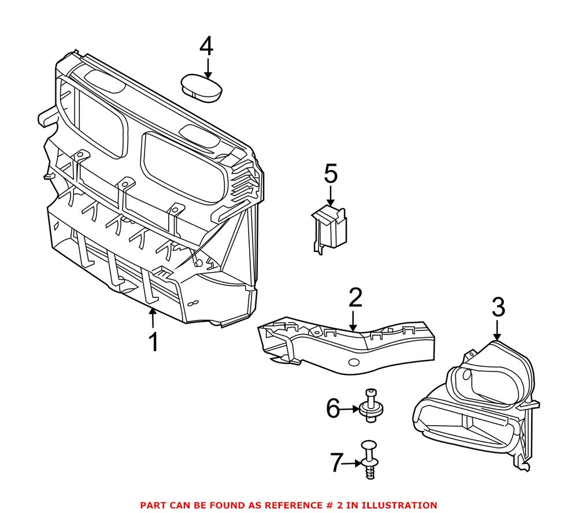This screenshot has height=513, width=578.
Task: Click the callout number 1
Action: coord(153,342)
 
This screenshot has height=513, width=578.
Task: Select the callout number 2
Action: coord(355,298)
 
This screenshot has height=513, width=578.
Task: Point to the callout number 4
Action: coord(206,46)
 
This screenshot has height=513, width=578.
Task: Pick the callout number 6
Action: coord(333,409)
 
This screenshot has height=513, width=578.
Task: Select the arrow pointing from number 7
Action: coord(354,463)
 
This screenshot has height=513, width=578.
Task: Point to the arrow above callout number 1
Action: coord(153,318)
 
